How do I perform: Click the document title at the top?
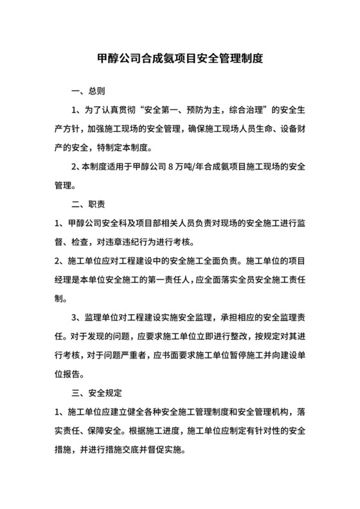(x=179, y=58)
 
